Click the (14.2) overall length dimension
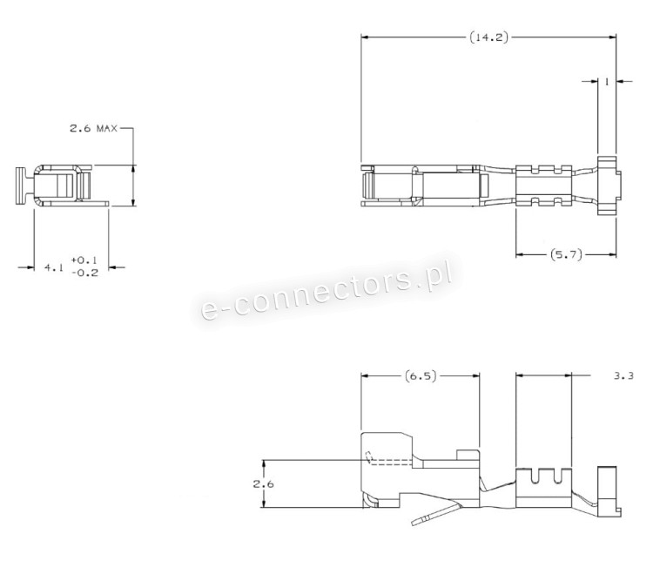point(489,37)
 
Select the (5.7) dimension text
point(566,254)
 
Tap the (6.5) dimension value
point(421,376)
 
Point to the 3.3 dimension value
point(623,376)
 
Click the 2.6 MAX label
point(94,128)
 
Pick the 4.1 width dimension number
point(54,267)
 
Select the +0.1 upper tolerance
point(84,260)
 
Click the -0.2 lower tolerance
point(84,273)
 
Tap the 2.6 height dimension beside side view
point(263,484)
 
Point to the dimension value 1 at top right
point(607,82)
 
